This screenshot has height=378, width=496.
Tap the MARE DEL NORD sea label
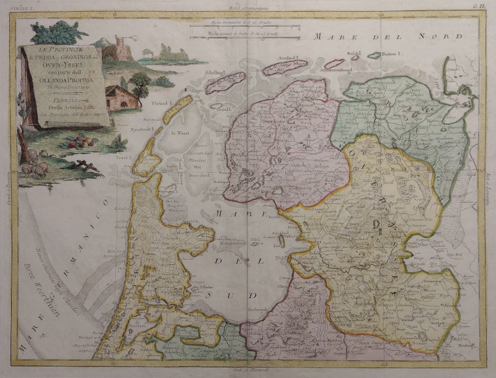(x=388, y=37)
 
